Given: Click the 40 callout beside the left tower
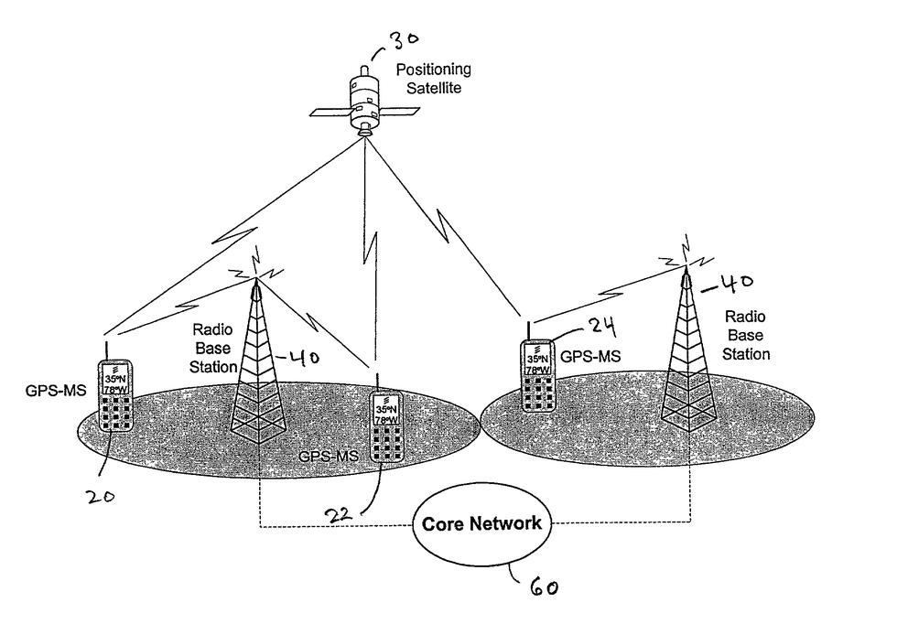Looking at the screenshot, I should (x=304, y=357).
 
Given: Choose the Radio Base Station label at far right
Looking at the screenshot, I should (x=747, y=334).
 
